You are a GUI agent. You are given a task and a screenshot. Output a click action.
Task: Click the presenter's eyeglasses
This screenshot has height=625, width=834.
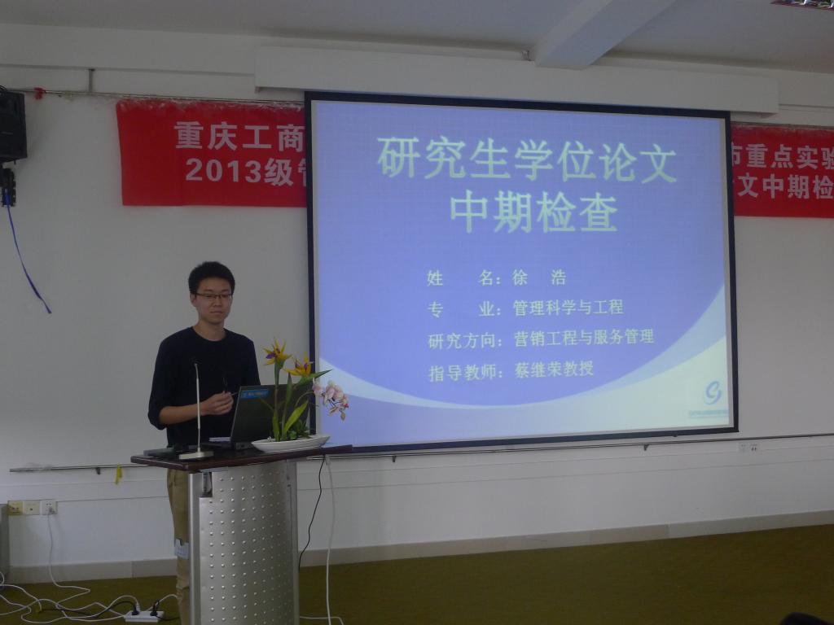coord(213,296)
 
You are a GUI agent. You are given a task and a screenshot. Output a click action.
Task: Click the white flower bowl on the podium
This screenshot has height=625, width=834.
coord(290,444)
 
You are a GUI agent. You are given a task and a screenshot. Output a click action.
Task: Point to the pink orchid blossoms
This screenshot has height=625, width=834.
coord(331,396)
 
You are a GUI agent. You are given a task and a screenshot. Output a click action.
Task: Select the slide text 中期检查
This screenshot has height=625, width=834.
coord(533,212)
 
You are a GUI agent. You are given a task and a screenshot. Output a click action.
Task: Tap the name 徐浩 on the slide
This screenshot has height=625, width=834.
coord(538,278)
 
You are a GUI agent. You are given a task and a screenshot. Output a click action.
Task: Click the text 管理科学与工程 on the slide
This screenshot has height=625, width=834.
coord(568,308)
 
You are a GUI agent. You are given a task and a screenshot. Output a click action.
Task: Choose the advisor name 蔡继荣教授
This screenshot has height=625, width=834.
coord(554,369)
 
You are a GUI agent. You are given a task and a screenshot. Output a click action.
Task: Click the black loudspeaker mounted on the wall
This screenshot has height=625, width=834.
coord(11,125)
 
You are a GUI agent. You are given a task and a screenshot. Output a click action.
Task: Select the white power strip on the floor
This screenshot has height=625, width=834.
coord(143,615)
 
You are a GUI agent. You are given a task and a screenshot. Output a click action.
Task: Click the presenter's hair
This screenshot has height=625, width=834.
coord(211,274)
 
